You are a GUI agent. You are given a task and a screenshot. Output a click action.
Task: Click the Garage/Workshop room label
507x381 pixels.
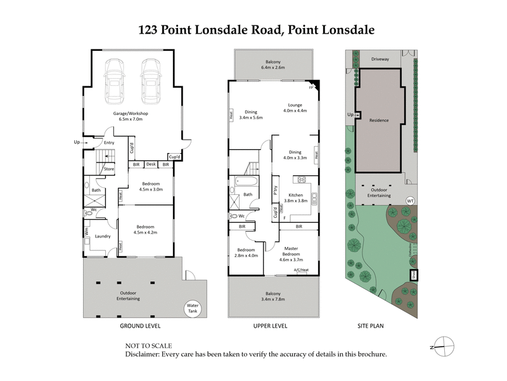[131, 114]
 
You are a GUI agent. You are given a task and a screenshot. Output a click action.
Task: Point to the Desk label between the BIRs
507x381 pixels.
[151, 164]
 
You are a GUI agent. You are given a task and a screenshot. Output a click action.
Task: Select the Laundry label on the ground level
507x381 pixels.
[103, 237]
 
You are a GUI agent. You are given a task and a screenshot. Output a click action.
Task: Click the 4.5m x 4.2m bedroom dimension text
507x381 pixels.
[146, 232]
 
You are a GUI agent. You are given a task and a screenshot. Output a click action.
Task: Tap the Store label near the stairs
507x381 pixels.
[109, 169]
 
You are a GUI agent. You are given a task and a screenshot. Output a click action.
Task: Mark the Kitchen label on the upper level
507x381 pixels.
[295, 195]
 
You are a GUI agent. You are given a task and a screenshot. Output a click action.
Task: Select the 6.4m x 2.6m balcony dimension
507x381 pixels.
[274, 67]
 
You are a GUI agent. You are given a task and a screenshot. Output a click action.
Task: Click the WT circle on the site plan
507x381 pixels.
[410, 201]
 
